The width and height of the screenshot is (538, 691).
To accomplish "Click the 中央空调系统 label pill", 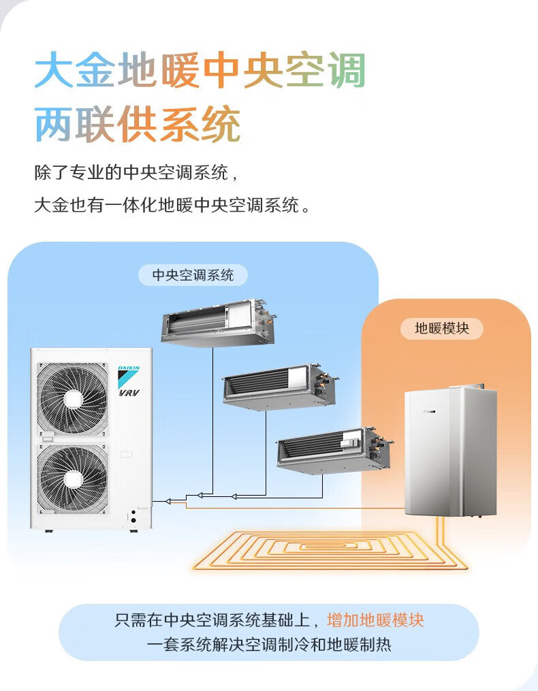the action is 193,275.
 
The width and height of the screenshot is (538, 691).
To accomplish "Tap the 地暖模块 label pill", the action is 442,328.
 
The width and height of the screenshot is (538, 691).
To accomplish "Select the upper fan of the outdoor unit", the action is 72,398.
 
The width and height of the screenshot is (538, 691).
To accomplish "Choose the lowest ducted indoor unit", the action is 334,449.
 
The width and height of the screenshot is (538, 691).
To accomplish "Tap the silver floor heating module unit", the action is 449,453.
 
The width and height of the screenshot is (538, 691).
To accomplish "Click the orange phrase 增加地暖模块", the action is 375,620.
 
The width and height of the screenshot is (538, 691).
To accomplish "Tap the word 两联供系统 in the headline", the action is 138,125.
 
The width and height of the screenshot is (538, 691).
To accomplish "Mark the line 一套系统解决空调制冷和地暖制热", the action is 269,643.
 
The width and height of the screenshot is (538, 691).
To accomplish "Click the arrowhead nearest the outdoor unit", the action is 168,501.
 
